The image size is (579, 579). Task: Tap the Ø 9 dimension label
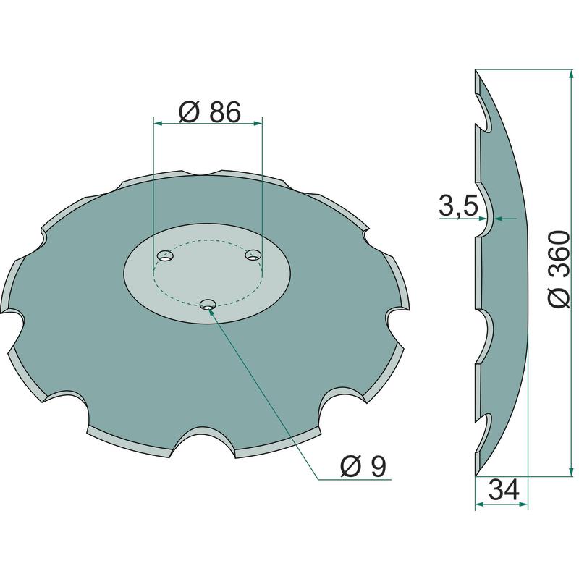pos(363,466)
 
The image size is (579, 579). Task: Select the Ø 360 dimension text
pos(557,269)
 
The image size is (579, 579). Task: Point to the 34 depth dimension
pos(504,490)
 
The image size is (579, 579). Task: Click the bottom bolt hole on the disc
pos(208,305)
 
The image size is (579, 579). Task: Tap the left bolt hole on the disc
pos(166,256)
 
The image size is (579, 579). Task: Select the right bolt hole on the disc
pos(253,255)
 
